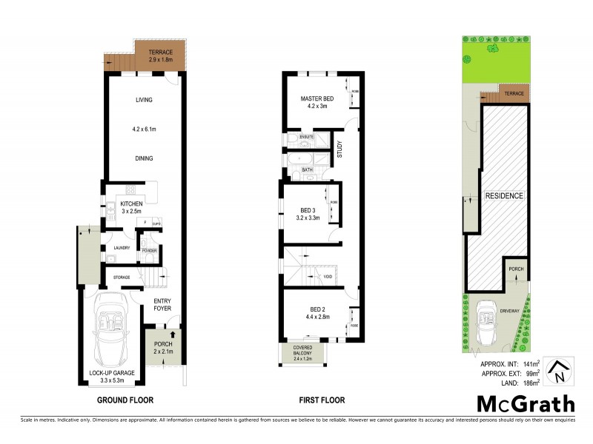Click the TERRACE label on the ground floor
(x=160, y=52)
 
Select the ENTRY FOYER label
(x=162, y=305)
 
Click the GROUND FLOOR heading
(x=125, y=400)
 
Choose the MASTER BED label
(x=317, y=99)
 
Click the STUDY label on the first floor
(x=340, y=149)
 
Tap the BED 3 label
(x=306, y=209)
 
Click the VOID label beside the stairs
(x=328, y=277)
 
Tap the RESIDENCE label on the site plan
(x=505, y=196)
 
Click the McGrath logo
(x=524, y=404)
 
